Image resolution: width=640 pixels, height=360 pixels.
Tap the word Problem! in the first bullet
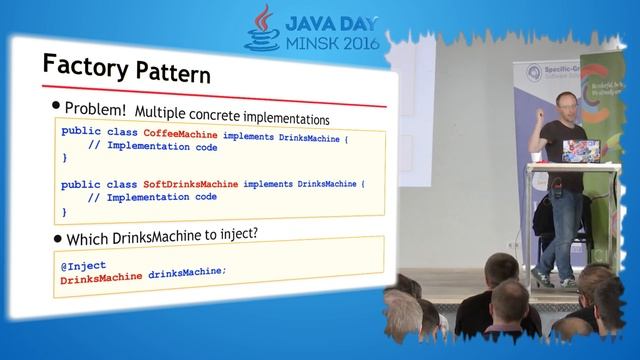tap(95, 107)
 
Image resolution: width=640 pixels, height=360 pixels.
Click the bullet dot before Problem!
tap(56, 105)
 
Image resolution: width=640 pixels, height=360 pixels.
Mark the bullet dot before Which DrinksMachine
tap(57, 239)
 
